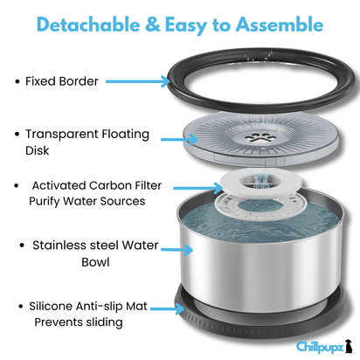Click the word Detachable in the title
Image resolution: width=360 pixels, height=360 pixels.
point(88,24)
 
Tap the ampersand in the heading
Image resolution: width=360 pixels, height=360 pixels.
point(153,24)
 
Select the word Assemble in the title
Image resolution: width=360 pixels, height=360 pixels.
point(280,24)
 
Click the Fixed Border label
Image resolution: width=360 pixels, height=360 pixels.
point(62,81)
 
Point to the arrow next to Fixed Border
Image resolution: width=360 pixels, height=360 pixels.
point(138,81)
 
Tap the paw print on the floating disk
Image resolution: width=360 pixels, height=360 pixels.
point(258,138)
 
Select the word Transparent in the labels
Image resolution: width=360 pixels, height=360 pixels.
point(62,135)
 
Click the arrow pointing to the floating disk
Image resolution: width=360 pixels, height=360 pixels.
point(179,139)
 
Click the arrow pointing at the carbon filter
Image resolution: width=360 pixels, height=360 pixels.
point(198,188)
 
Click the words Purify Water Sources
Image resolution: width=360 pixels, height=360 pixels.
point(87,201)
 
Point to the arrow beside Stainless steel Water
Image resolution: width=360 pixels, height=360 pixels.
point(177,249)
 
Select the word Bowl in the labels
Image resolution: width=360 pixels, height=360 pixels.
point(95,262)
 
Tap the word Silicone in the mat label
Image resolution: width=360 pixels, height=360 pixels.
point(51,306)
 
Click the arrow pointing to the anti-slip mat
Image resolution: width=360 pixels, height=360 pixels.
point(168,308)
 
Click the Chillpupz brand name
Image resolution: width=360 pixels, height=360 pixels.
point(320,347)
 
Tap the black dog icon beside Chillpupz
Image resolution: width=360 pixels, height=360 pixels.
point(349,346)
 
